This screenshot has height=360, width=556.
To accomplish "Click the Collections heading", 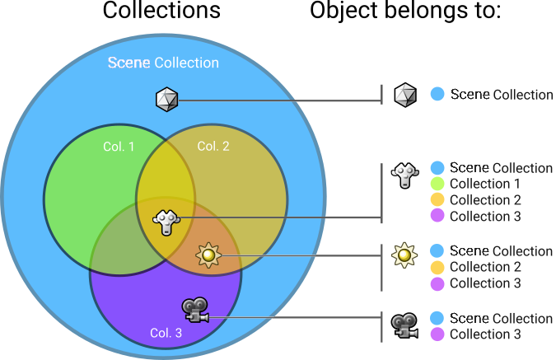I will tap(161, 12).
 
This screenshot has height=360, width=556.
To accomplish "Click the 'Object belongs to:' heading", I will tap(405, 12).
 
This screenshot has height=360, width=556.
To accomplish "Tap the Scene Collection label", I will tap(164, 63).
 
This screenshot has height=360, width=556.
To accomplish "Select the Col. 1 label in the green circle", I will tap(119, 147).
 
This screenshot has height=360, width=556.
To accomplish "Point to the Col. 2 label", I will tap(213, 147).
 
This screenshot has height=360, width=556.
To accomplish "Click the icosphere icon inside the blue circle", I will tap(167, 101).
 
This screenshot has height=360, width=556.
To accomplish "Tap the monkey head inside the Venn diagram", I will tap(167, 221).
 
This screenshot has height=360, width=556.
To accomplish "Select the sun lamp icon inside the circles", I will tap(208, 256).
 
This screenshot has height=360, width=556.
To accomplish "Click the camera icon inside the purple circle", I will tap(195, 311).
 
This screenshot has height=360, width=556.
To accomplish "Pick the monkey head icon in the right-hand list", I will tap(404, 175).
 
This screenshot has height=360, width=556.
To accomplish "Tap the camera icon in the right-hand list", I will tap(404, 323).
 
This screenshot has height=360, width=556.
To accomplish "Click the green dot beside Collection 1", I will tap(437, 184).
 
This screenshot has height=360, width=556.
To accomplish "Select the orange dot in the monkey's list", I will tap(437, 200).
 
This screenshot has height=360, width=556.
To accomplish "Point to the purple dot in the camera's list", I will tap(437, 334).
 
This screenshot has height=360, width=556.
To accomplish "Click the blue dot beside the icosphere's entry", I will tap(437, 95).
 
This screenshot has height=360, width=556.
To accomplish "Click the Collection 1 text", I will tap(485, 184).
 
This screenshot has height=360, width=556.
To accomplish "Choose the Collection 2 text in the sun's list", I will tap(485, 267).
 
